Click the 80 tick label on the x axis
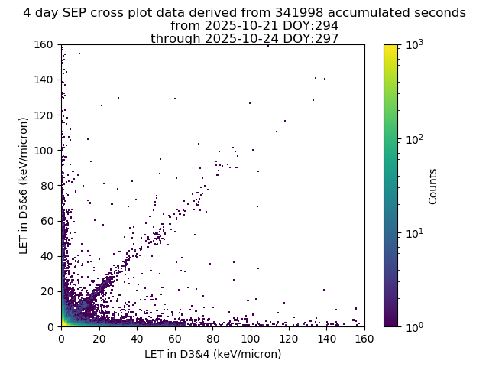213,339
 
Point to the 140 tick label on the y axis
44,80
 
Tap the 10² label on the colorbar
415,139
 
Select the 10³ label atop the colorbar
415,45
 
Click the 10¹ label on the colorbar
415,233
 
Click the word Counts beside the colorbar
432,187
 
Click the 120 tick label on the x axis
289,339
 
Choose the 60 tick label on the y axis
47,221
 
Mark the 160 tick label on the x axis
364,339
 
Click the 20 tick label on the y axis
47,291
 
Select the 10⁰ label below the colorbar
415,327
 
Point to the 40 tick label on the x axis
138,339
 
